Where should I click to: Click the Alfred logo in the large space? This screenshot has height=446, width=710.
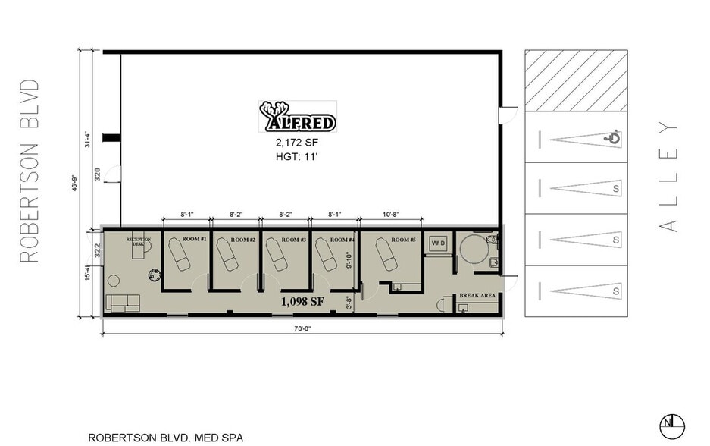[x=298, y=118]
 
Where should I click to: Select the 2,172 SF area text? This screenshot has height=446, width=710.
[x=298, y=142]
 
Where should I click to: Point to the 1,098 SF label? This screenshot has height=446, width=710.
[x=302, y=301]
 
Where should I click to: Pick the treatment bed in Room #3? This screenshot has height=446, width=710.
[x=277, y=255]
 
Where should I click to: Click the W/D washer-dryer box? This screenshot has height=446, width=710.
[x=437, y=243]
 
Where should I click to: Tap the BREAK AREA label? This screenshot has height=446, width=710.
[x=477, y=295]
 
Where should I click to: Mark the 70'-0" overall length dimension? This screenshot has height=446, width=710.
[x=303, y=328]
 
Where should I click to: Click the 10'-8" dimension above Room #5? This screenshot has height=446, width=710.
[x=391, y=215]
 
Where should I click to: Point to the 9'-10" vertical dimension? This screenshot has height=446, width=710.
[x=349, y=260]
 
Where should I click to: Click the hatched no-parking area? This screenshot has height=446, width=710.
[x=576, y=80]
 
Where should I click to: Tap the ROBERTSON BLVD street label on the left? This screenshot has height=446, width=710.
[x=29, y=170]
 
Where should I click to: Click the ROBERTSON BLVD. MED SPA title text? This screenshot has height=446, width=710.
[x=167, y=438]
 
